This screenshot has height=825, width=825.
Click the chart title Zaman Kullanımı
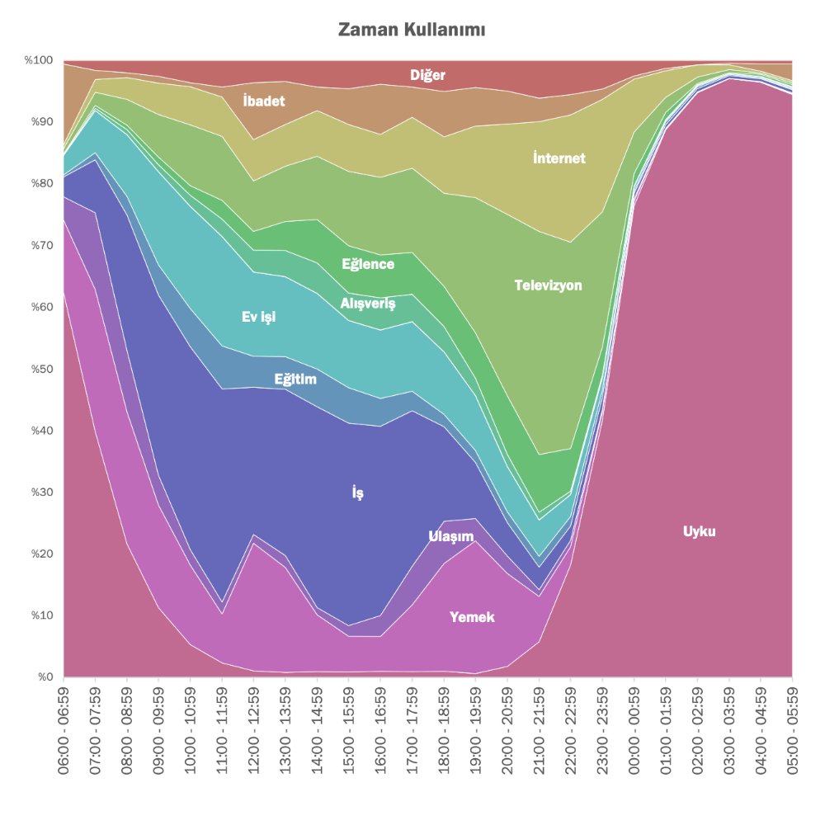click(x=412, y=31)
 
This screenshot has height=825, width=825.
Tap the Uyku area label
click(x=699, y=531)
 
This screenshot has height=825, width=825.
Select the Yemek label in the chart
click(x=472, y=616)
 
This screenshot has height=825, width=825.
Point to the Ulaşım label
click(x=451, y=537)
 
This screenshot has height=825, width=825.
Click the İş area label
click(x=357, y=493)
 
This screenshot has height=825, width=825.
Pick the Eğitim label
click(x=295, y=379)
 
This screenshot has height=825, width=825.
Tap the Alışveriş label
click(x=368, y=304)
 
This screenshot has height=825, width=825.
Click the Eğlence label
click(x=368, y=265)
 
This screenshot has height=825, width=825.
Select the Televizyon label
click(x=548, y=285)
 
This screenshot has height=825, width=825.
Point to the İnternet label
click(x=559, y=158)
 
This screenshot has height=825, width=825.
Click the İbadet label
click(x=264, y=101)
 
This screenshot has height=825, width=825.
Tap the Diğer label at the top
click(x=428, y=76)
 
